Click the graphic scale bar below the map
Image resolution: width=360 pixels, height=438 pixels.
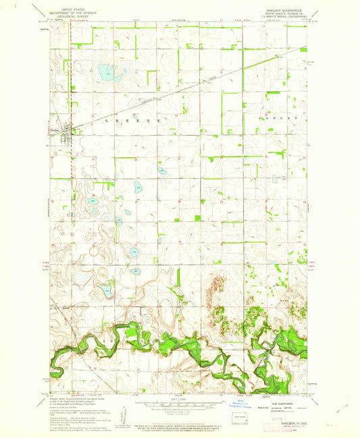click(x=178, y=408)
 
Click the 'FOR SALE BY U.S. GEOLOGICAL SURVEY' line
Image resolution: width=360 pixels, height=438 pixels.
click(x=178, y=424)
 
